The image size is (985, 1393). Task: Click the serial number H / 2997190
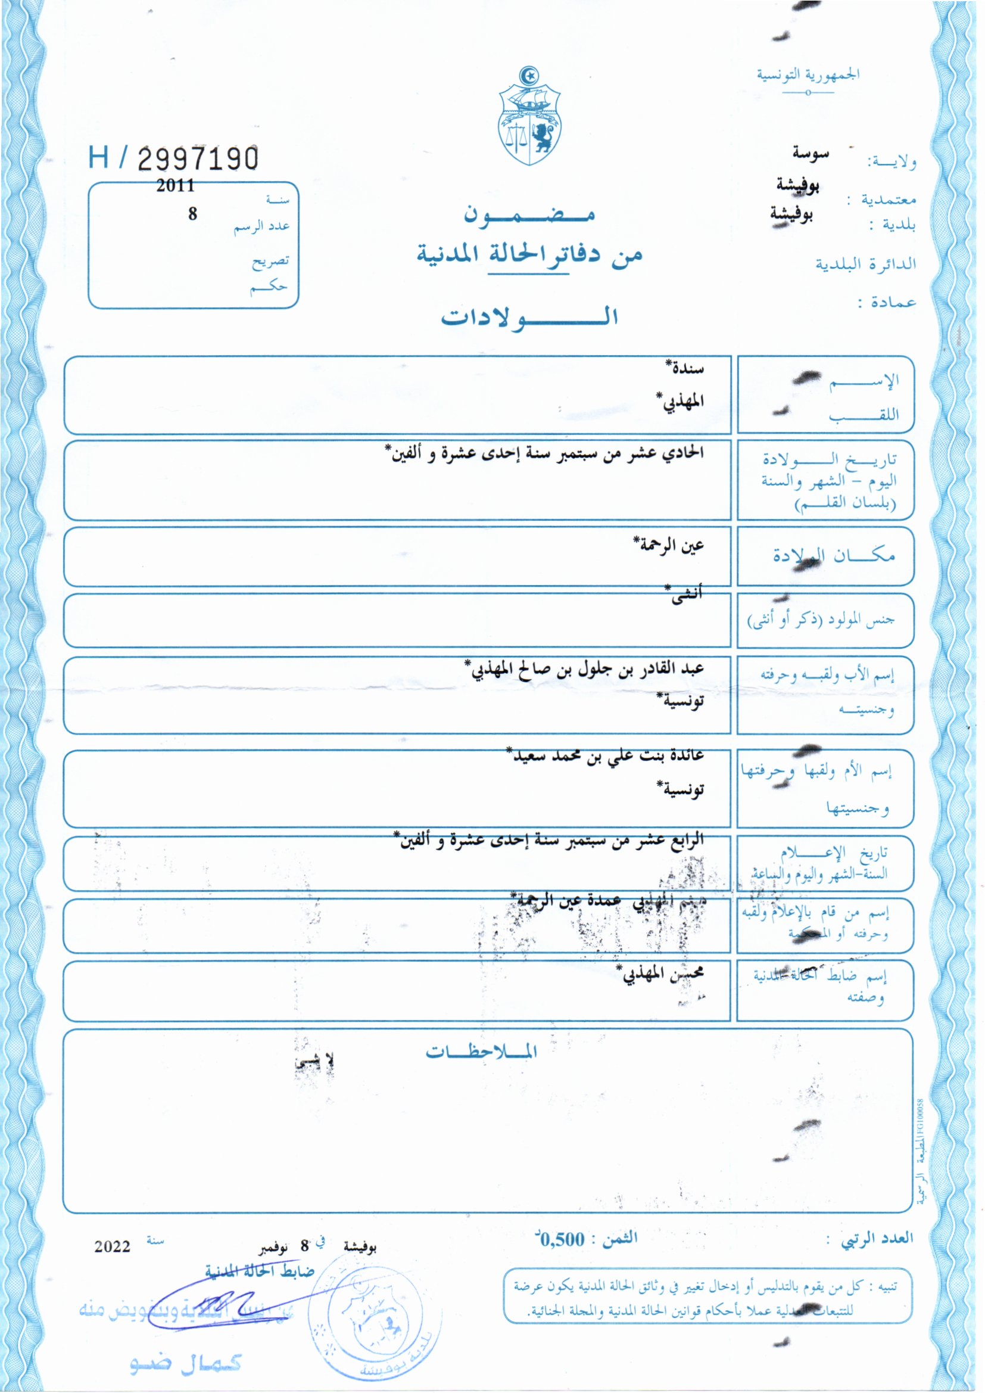pos(173,158)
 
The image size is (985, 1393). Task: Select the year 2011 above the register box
pos(175,185)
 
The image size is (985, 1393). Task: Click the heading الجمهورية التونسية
pos(808,74)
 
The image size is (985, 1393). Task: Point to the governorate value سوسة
pos(811,154)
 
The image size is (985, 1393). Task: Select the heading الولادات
pos(529,317)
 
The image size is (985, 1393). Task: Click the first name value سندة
pos(685,368)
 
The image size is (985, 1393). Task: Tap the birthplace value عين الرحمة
pos(668,545)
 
